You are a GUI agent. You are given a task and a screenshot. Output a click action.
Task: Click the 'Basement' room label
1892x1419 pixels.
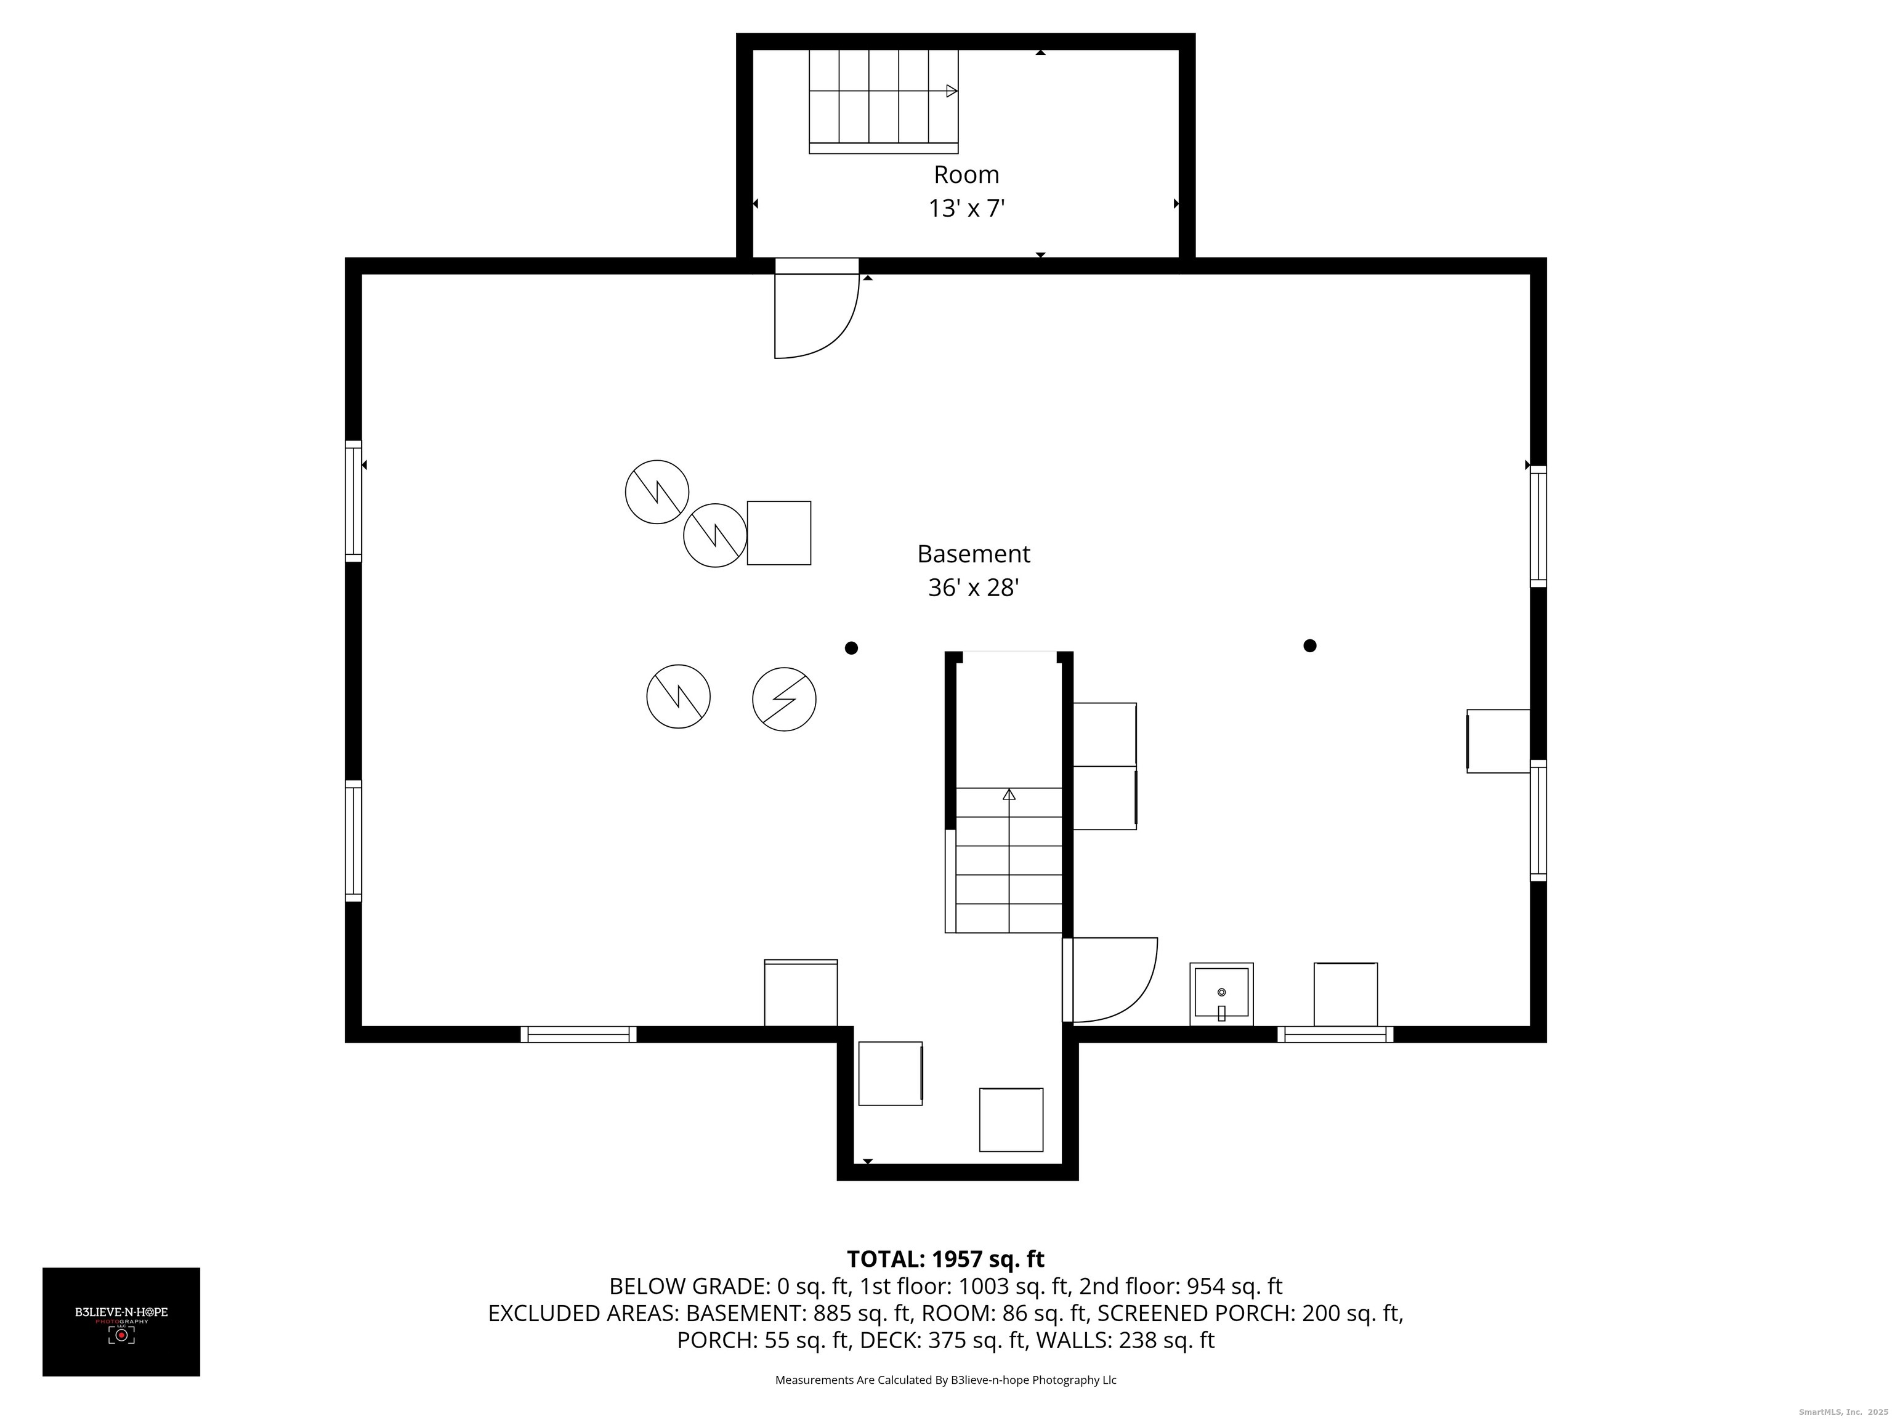click(973, 554)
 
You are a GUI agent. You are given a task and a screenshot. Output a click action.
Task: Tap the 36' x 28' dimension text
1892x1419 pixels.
click(973, 588)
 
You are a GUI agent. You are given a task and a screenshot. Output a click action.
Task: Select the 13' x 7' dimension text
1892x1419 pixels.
click(966, 209)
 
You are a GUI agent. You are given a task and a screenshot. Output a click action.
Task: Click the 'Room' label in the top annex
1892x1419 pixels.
click(966, 174)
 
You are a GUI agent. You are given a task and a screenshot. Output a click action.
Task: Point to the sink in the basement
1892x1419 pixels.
click(1221, 994)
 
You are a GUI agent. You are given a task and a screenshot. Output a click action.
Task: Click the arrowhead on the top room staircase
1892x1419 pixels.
click(952, 91)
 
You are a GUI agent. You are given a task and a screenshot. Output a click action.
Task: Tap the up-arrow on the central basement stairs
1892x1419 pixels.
click(1009, 794)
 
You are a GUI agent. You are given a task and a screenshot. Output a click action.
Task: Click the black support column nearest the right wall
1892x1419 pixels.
click(1309, 646)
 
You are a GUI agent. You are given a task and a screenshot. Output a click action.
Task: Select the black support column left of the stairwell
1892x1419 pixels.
click(851, 649)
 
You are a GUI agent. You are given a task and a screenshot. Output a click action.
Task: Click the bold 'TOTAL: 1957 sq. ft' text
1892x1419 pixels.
click(945, 1259)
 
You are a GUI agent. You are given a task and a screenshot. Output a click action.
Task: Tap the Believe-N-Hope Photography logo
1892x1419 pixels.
click(121, 1322)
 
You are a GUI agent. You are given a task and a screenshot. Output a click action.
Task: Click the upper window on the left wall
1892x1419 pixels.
click(354, 501)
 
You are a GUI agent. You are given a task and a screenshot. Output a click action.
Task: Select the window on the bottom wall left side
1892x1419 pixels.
click(579, 1034)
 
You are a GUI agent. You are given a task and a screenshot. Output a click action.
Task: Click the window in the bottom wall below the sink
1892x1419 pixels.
click(1335, 1034)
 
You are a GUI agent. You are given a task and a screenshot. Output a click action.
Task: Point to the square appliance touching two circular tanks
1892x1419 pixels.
click(779, 533)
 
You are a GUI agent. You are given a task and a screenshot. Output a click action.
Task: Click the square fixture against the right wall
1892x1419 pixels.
click(1498, 742)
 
